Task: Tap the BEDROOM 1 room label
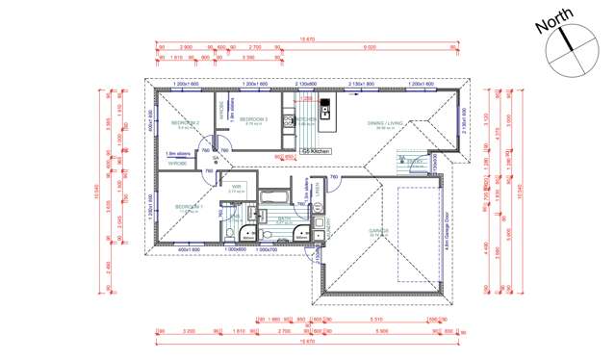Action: pos(188,207)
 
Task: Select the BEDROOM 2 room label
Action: pos(186,124)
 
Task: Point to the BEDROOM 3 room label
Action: pos(253,119)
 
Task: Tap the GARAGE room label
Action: pos(375,231)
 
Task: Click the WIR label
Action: pos(236,187)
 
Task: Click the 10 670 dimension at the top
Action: pos(308,39)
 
